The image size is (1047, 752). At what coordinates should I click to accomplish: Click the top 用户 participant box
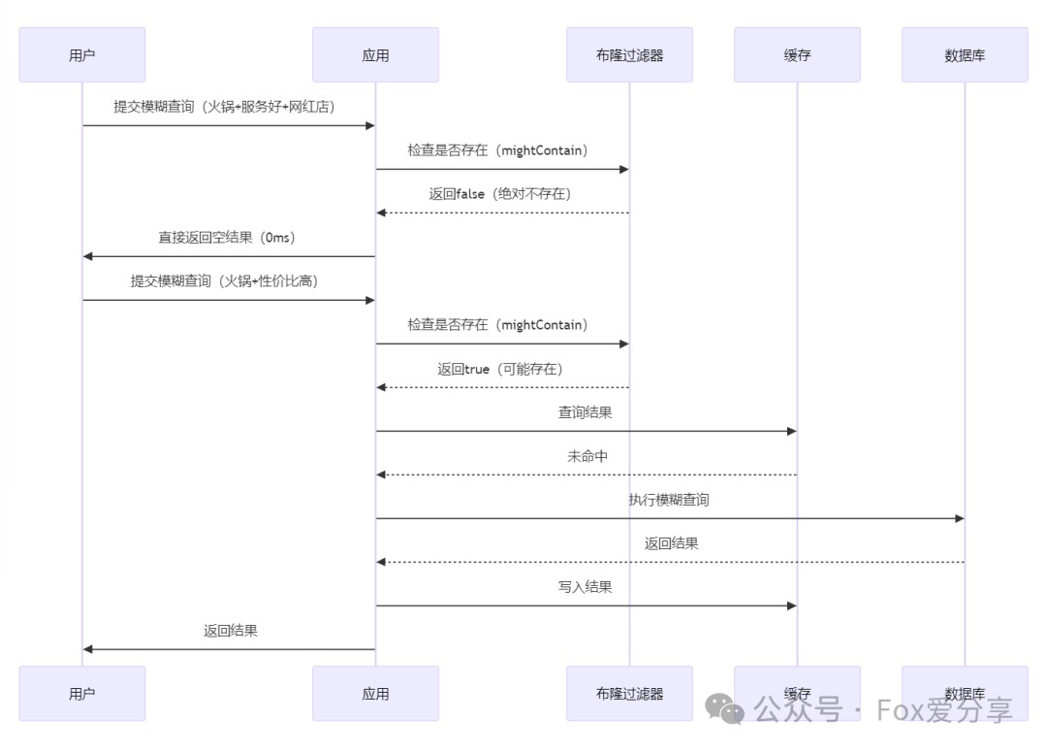click(x=82, y=55)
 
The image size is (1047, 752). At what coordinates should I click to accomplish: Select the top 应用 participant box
click(x=375, y=55)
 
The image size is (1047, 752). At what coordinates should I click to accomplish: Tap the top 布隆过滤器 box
click(x=629, y=55)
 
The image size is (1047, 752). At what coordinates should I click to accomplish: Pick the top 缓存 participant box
click(x=797, y=55)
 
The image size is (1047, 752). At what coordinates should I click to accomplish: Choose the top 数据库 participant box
click(x=965, y=55)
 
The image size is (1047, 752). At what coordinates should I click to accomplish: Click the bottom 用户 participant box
click(x=82, y=694)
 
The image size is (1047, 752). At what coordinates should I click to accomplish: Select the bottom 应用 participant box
click(x=375, y=694)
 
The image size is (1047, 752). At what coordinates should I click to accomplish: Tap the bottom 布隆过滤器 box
click(x=629, y=694)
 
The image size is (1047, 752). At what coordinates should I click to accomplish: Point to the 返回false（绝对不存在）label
click(x=500, y=194)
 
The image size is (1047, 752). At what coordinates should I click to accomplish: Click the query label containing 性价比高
click(x=224, y=281)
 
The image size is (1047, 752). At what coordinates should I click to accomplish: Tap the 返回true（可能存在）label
click(x=500, y=369)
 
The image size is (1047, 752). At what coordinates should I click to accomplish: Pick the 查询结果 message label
click(x=585, y=412)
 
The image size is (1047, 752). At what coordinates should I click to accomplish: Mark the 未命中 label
click(x=587, y=456)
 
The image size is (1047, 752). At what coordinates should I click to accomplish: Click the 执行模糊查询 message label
click(x=668, y=500)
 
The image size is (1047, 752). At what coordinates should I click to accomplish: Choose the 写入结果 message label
click(x=585, y=587)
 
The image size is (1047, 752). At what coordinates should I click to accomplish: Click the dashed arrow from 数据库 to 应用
click(x=669, y=562)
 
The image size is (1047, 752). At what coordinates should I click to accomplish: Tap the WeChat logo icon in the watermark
click(x=724, y=709)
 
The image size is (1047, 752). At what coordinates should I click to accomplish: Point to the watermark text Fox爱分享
click(x=944, y=709)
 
